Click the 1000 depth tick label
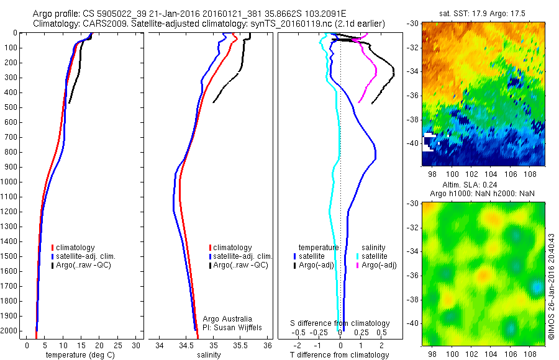(x=11, y=182)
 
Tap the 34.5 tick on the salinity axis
(x=186, y=345)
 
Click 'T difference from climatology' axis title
(x=340, y=355)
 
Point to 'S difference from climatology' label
(x=340, y=323)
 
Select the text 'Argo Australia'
(x=228, y=319)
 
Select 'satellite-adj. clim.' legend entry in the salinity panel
(x=242, y=256)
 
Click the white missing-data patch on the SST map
(x=428, y=142)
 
